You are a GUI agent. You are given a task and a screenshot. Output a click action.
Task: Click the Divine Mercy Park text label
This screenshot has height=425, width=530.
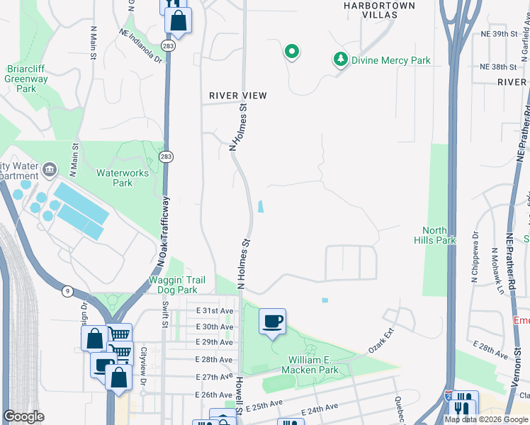click(390, 60)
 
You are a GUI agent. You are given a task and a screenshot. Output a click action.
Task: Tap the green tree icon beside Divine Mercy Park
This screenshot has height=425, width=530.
click(341, 60)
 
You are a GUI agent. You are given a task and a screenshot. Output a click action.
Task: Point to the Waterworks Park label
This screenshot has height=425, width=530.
click(114, 177)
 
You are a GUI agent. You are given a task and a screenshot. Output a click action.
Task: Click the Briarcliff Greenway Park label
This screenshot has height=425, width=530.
click(26, 79)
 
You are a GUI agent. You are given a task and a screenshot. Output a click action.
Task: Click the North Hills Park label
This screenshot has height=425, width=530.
click(439, 235)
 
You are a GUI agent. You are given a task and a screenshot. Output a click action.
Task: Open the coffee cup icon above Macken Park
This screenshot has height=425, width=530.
click(272, 322)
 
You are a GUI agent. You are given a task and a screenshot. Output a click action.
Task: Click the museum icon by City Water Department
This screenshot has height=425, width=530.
click(50, 169)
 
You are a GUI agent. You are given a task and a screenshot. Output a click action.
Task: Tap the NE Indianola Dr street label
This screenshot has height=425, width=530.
click(141, 46)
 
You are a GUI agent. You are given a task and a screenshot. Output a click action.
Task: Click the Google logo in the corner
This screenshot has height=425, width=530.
click(23, 416)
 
